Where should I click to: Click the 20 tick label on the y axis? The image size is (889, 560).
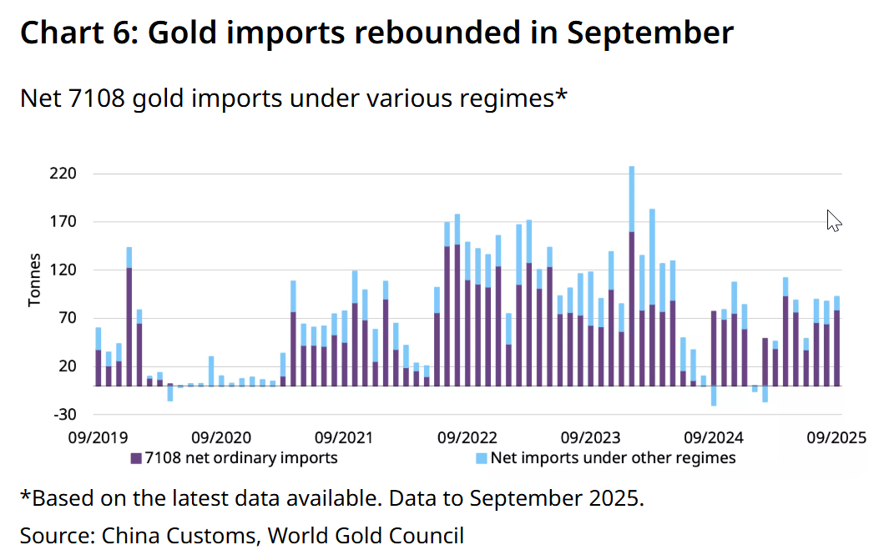pyautogui.click(x=68, y=366)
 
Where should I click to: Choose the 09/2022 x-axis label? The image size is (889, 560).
pyautogui.click(x=466, y=437)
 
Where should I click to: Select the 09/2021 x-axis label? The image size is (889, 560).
pyautogui.click(x=343, y=437)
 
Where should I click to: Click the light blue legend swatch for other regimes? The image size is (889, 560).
pyautogui.click(x=481, y=458)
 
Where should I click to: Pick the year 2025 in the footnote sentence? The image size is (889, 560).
pyautogui.click(x=616, y=499)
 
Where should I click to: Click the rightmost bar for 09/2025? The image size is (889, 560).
pyautogui.click(x=836, y=342)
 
